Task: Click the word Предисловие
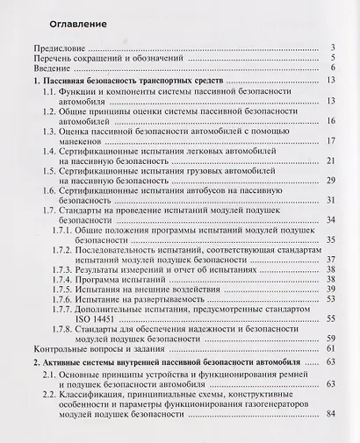tap(58, 47)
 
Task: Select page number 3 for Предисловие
tap(336, 47)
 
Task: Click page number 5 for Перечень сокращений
tap(336, 57)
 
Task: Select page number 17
tap(334, 141)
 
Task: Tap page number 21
tap(334, 161)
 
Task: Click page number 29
tap(334, 181)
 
